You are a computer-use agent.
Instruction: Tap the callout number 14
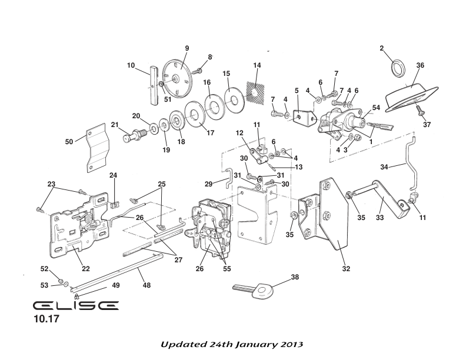257,65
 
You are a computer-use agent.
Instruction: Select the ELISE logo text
75,306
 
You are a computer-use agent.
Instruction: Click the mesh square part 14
253,90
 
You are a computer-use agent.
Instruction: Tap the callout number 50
69,142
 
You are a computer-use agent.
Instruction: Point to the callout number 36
420,65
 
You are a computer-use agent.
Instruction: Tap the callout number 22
85,269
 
